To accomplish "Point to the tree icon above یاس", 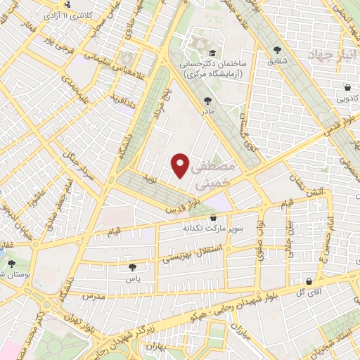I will point(132,267).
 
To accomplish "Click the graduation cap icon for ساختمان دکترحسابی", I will point(211,53).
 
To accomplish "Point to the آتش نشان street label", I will point(309,185).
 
